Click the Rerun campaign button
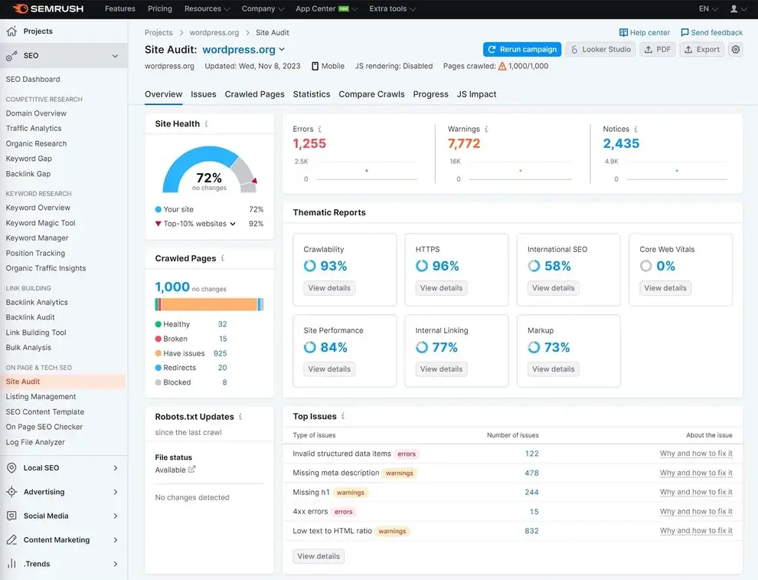click(x=522, y=49)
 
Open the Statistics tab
click(x=312, y=94)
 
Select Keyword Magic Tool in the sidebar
click(x=41, y=223)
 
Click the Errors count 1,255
click(x=309, y=143)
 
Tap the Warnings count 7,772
click(x=464, y=143)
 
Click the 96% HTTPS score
click(x=445, y=266)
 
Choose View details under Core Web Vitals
click(x=665, y=288)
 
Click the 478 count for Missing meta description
click(x=531, y=473)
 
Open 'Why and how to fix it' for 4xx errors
click(x=696, y=512)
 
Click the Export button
click(x=701, y=49)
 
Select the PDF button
click(x=658, y=49)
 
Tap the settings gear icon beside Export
click(x=736, y=49)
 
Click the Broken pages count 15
click(x=223, y=339)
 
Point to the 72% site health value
click(x=209, y=178)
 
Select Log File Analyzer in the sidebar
click(x=35, y=442)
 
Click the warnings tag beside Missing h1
click(x=351, y=493)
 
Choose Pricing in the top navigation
click(x=159, y=8)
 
